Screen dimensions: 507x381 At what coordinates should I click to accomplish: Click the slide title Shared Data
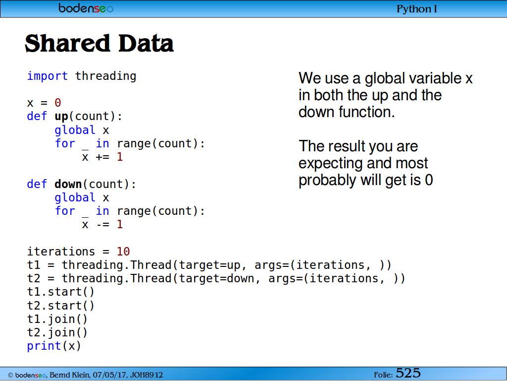pyautogui.click(x=99, y=43)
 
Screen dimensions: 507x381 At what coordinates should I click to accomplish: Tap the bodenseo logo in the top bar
pyautogui.click(x=86, y=8)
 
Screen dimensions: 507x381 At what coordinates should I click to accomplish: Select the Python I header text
pyautogui.click(x=417, y=9)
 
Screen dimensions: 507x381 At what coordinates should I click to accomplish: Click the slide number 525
pyautogui.click(x=408, y=373)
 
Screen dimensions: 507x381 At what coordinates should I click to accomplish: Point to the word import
pyautogui.click(x=48, y=76)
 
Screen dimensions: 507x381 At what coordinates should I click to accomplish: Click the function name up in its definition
pyautogui.click(x=61, y=116)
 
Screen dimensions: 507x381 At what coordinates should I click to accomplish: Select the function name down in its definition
pyautogui.click(x=68, y=184)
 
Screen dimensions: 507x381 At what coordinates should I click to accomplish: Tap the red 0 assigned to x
pyautogui.click(x=58, y=103)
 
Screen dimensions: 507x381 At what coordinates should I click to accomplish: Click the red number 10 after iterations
pyautogui.click(x=123, y=252)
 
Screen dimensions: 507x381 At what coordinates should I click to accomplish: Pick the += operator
pyautogui.click(x=103, y=157)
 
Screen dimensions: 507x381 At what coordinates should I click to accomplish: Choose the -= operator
pyautogui.click(x=103, y=225)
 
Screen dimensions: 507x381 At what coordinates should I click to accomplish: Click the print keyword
pyautogui.click(x=44, y=346)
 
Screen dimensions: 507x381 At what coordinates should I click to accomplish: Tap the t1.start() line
pyautogui.click(x=61, y=292)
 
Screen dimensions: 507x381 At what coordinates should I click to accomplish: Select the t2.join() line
pyautogui.click(x=57, y=332)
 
